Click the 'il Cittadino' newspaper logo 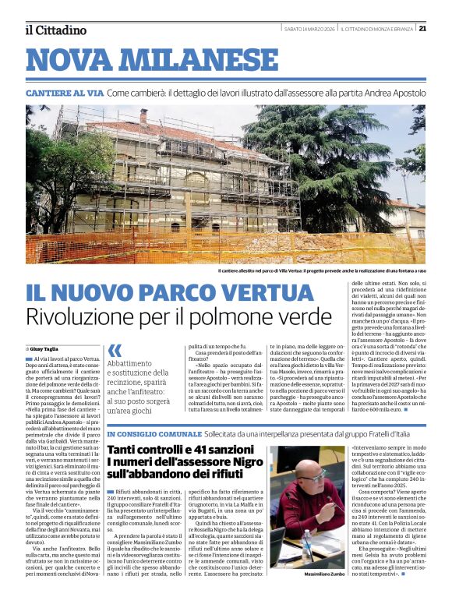(x=55, y=30)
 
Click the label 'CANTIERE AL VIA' (x=64, y=93)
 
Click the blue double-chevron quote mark (x=115, y=351)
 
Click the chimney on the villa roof (x=143, y=116)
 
